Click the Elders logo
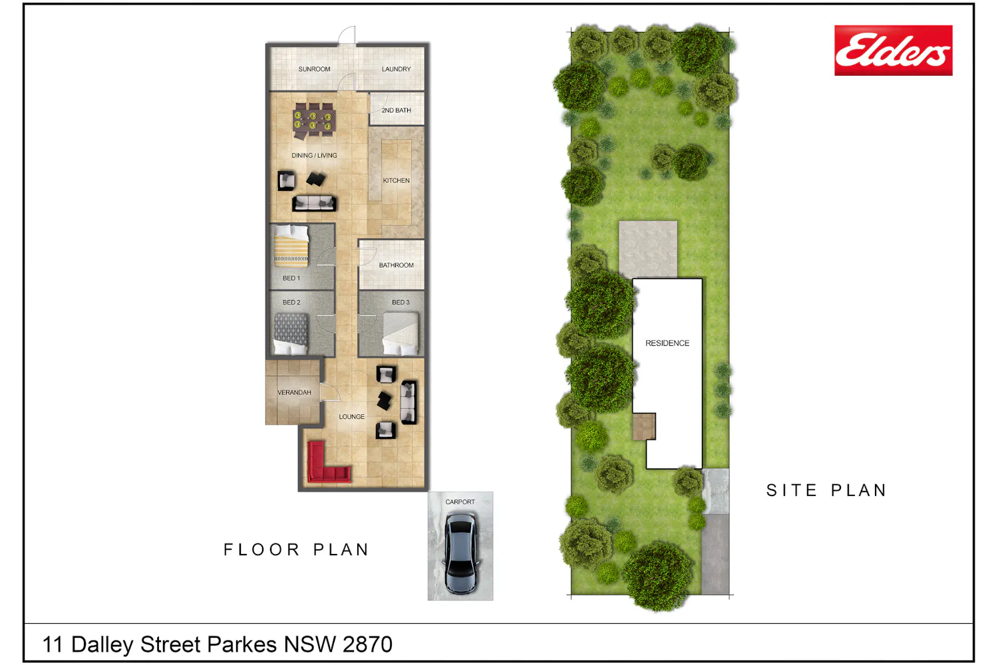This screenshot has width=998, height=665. [x=894, y=51]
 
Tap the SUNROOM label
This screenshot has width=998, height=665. [x=314, y=69]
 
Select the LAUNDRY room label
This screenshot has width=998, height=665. [x=396, y=69]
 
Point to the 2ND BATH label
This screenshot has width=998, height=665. [x=396, y=110]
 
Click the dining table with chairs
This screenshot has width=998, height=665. [x=313, y=120]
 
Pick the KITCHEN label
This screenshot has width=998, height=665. [x=396, y=180]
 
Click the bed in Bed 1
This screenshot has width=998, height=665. [x=291, y=246]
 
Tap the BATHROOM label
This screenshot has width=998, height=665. [x=396, y=265]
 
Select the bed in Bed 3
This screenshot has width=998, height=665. [x=401, y=334]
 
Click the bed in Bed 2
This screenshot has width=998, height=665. [x=291, y=334]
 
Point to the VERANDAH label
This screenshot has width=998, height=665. [x=294, y=392]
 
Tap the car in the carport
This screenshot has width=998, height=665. [x=460, y=554]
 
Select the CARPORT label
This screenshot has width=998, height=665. [x=460, y=502]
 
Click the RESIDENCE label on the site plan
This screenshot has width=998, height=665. [x=667, y=343]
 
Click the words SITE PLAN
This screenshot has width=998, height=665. [x=826, y=490]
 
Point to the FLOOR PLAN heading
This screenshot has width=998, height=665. [x=296, y=550]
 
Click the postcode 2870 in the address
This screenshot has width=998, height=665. [x=367, y=644]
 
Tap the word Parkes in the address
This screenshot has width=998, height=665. [x=242, y=644]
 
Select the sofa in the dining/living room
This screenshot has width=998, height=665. [x=314, y=203]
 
